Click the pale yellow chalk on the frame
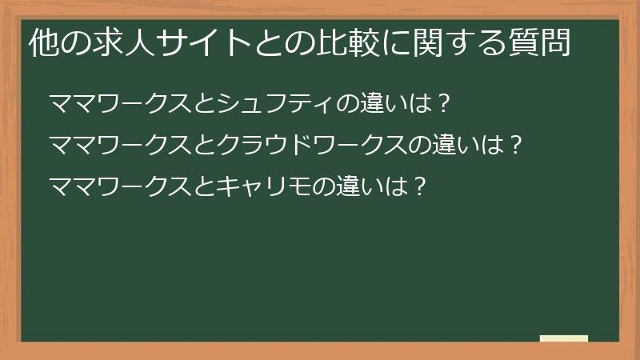pos(564,338)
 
